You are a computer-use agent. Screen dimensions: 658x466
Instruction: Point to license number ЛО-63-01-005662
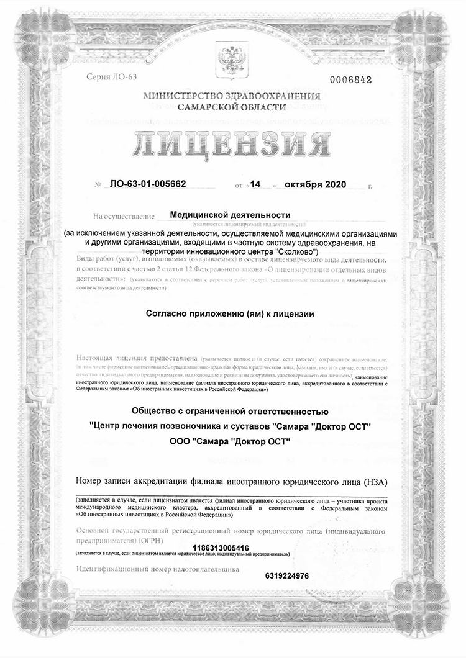point(148,185)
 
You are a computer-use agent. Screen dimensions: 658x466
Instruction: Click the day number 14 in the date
point(254,185)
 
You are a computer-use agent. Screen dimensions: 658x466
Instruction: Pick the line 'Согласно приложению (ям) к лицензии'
point(230,314)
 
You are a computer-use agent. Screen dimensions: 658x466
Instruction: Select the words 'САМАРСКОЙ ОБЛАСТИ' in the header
point(232,107)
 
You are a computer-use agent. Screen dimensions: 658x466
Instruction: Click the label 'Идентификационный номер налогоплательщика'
point(157,569)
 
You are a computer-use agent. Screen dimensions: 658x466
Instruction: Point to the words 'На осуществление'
point(124,217)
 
